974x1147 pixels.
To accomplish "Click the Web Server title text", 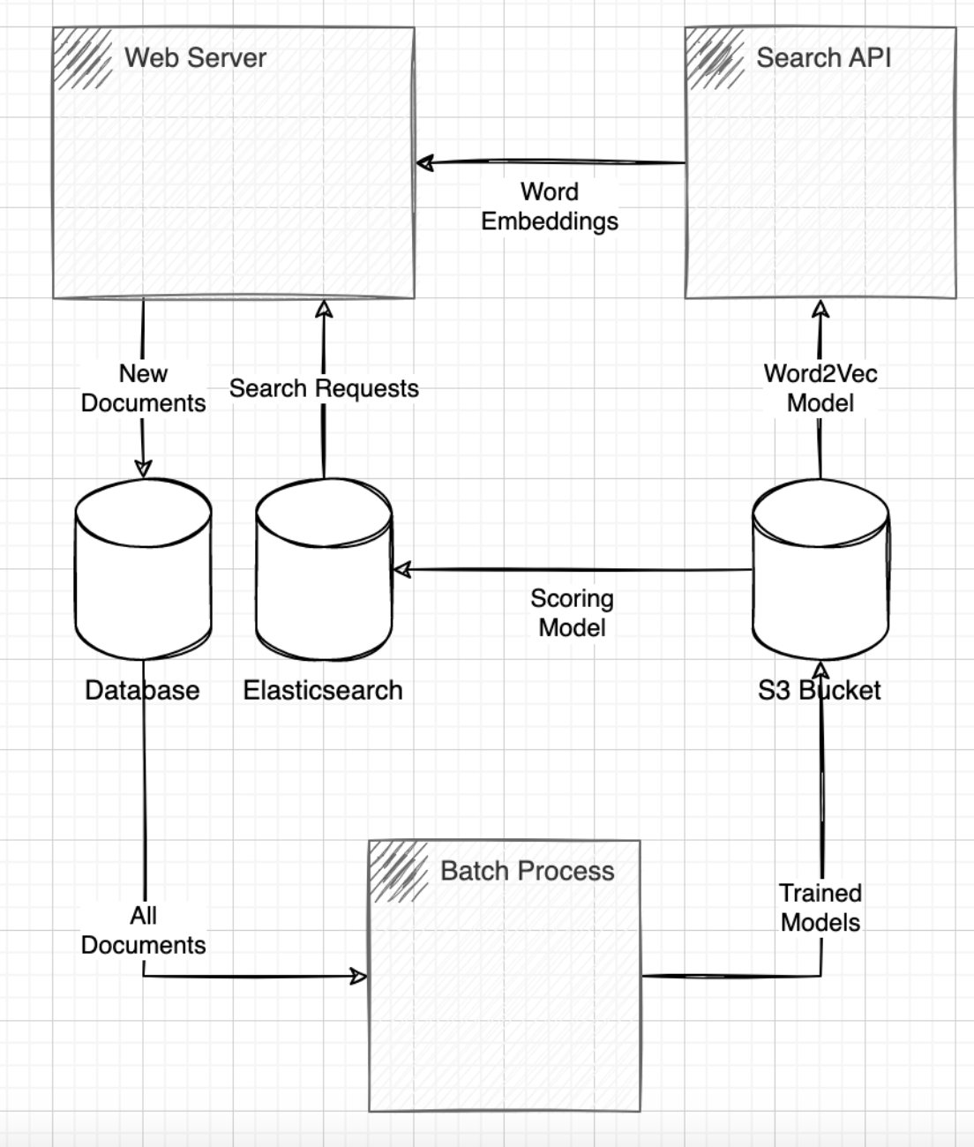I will click(195, 58).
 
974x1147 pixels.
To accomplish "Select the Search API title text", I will click(823, 58).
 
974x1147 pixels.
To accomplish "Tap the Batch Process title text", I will click(527, 872).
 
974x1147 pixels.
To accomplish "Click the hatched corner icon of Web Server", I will click(83, 58).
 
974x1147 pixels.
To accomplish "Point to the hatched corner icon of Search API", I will click(715, 58).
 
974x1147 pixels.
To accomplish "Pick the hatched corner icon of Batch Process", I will click(399, 872).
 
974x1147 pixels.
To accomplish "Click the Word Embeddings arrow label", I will click(549, 206).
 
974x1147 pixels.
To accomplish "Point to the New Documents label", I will click(143, 388).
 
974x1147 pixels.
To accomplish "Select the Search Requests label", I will click(324, 388).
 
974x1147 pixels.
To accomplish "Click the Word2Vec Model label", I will click(820, 388).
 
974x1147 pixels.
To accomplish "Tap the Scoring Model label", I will click(572, 613).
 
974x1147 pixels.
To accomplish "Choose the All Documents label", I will click(143, 930).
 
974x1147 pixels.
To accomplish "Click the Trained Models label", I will click(820, 908).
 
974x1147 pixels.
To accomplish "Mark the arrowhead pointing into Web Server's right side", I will click(424, 163).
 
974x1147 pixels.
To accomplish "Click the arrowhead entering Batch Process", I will click(359, 976).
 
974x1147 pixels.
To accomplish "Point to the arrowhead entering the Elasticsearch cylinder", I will click(401, 570).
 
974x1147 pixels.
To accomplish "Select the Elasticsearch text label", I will click(323, 690).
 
